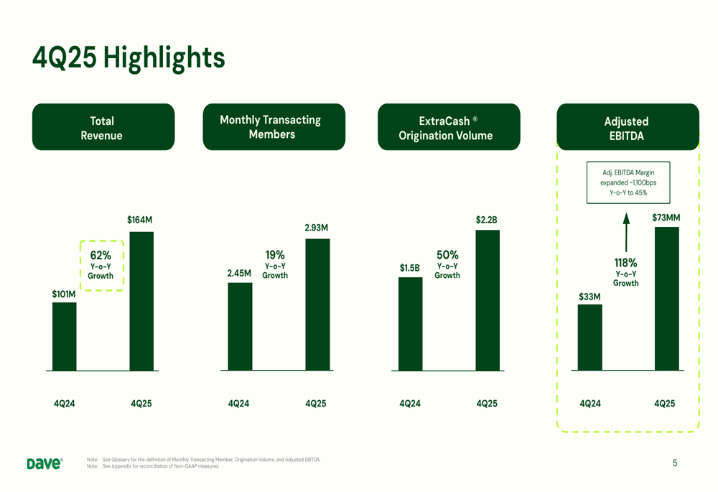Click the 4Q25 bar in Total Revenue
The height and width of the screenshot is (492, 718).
[x=141, y=301]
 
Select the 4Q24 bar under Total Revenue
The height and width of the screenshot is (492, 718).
[x=64, y=336]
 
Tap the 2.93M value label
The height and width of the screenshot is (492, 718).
[x=316, y=228]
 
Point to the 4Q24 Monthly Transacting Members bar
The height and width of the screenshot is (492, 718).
[x=240, y=326]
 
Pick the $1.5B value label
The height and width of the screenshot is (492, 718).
[x=409, y=268]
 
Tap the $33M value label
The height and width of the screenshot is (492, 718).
[x=589, y=296]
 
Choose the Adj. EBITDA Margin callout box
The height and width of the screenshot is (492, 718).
[x=628, y=182]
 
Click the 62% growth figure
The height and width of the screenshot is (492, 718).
[x=101, y=255]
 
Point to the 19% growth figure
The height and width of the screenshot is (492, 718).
[x=275, y=254]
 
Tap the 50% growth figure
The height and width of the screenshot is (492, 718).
[x=447, y=254]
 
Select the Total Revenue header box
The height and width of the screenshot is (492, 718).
[x=103, y=127]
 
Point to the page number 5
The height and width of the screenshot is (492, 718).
[x=674, y=463]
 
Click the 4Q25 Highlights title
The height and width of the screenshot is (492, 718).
[x=129, y=57]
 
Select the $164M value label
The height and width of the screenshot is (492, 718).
[x=139, y=220]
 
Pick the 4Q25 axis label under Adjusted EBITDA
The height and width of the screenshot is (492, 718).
[x=665, y=404]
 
